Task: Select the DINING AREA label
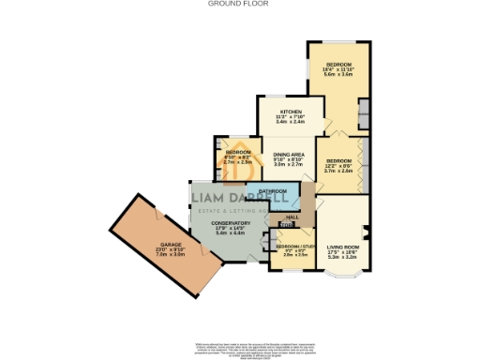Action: pos(287,154)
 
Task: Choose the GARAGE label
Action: pos(170,244)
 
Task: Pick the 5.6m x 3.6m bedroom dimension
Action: pos(337,74)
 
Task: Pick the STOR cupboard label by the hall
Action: pos(286,226)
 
